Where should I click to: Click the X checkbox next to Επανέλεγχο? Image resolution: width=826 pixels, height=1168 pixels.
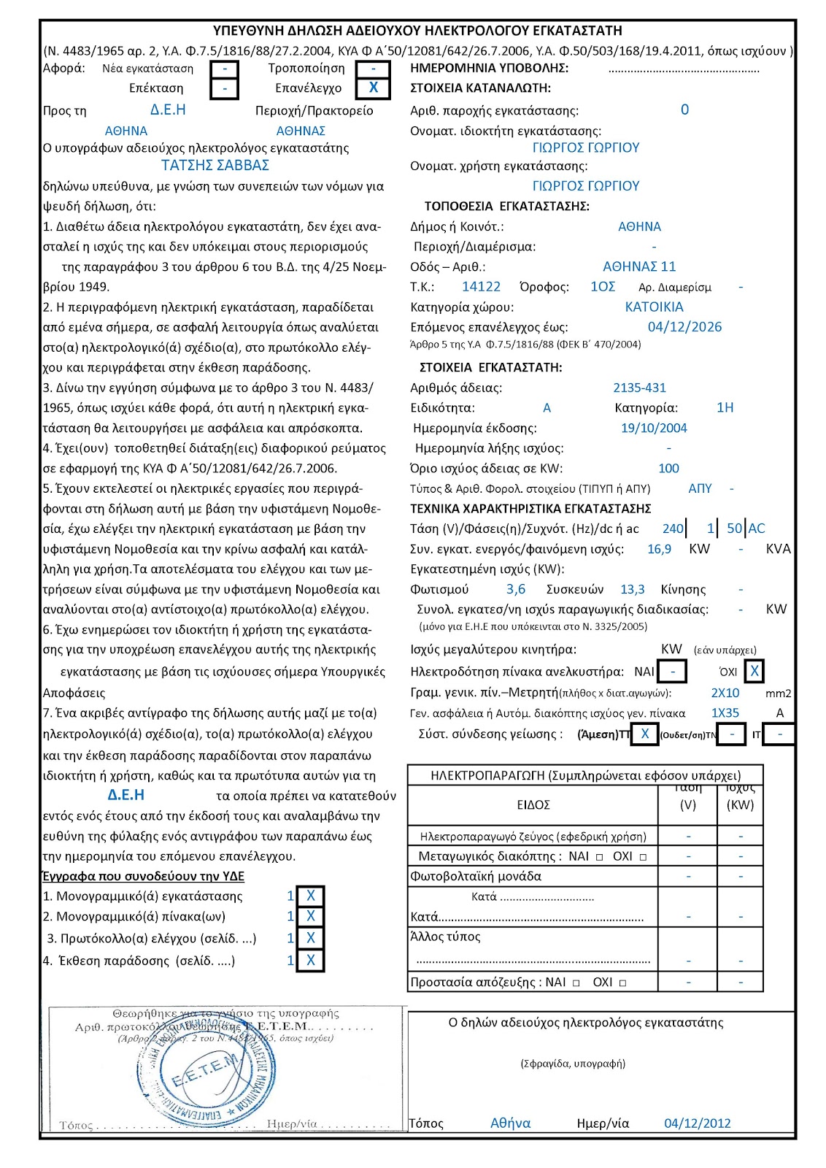[x=373, y=88]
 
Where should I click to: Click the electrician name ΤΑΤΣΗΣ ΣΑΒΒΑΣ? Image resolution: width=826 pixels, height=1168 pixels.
[x=215, y=166]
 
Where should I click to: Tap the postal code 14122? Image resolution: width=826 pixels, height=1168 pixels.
[x=481, y=287]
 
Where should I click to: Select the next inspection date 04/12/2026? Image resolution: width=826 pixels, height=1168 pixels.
[x=684, y=327]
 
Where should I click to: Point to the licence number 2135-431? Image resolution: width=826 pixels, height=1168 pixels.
[x=639, y=388]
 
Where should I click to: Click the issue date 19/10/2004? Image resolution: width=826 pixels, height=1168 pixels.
[x=654, y=428]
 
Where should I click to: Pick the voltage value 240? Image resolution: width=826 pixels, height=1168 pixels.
[x=673, y=529]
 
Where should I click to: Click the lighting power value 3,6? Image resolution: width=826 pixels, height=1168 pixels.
[x=516, y=589]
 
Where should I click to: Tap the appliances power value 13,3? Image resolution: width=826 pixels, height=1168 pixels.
[x=632, y=589]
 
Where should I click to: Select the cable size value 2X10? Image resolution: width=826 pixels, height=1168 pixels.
[x=725, y=693]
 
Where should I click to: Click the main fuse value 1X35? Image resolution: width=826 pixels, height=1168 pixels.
[x=725, y=713]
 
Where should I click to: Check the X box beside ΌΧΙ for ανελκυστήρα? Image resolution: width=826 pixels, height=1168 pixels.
[x=754, y=671]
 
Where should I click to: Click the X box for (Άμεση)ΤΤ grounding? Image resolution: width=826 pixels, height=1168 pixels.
[x=645, y=734]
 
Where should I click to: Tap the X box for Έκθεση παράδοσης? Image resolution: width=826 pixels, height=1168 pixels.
[x=311, y=961]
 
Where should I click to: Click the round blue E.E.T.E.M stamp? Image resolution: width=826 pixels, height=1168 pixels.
[x=218, y=1074]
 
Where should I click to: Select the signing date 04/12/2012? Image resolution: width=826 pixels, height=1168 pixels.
[x=697, y=1123]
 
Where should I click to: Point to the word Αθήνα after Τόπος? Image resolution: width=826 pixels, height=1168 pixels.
[x=510, y=1123]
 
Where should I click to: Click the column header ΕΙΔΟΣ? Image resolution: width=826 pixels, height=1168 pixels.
[x=533, y=805]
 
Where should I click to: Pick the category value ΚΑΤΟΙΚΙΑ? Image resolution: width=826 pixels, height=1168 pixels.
[x=654, y=307]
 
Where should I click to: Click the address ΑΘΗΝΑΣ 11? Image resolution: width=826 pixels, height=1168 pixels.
[x=639, y=266]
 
